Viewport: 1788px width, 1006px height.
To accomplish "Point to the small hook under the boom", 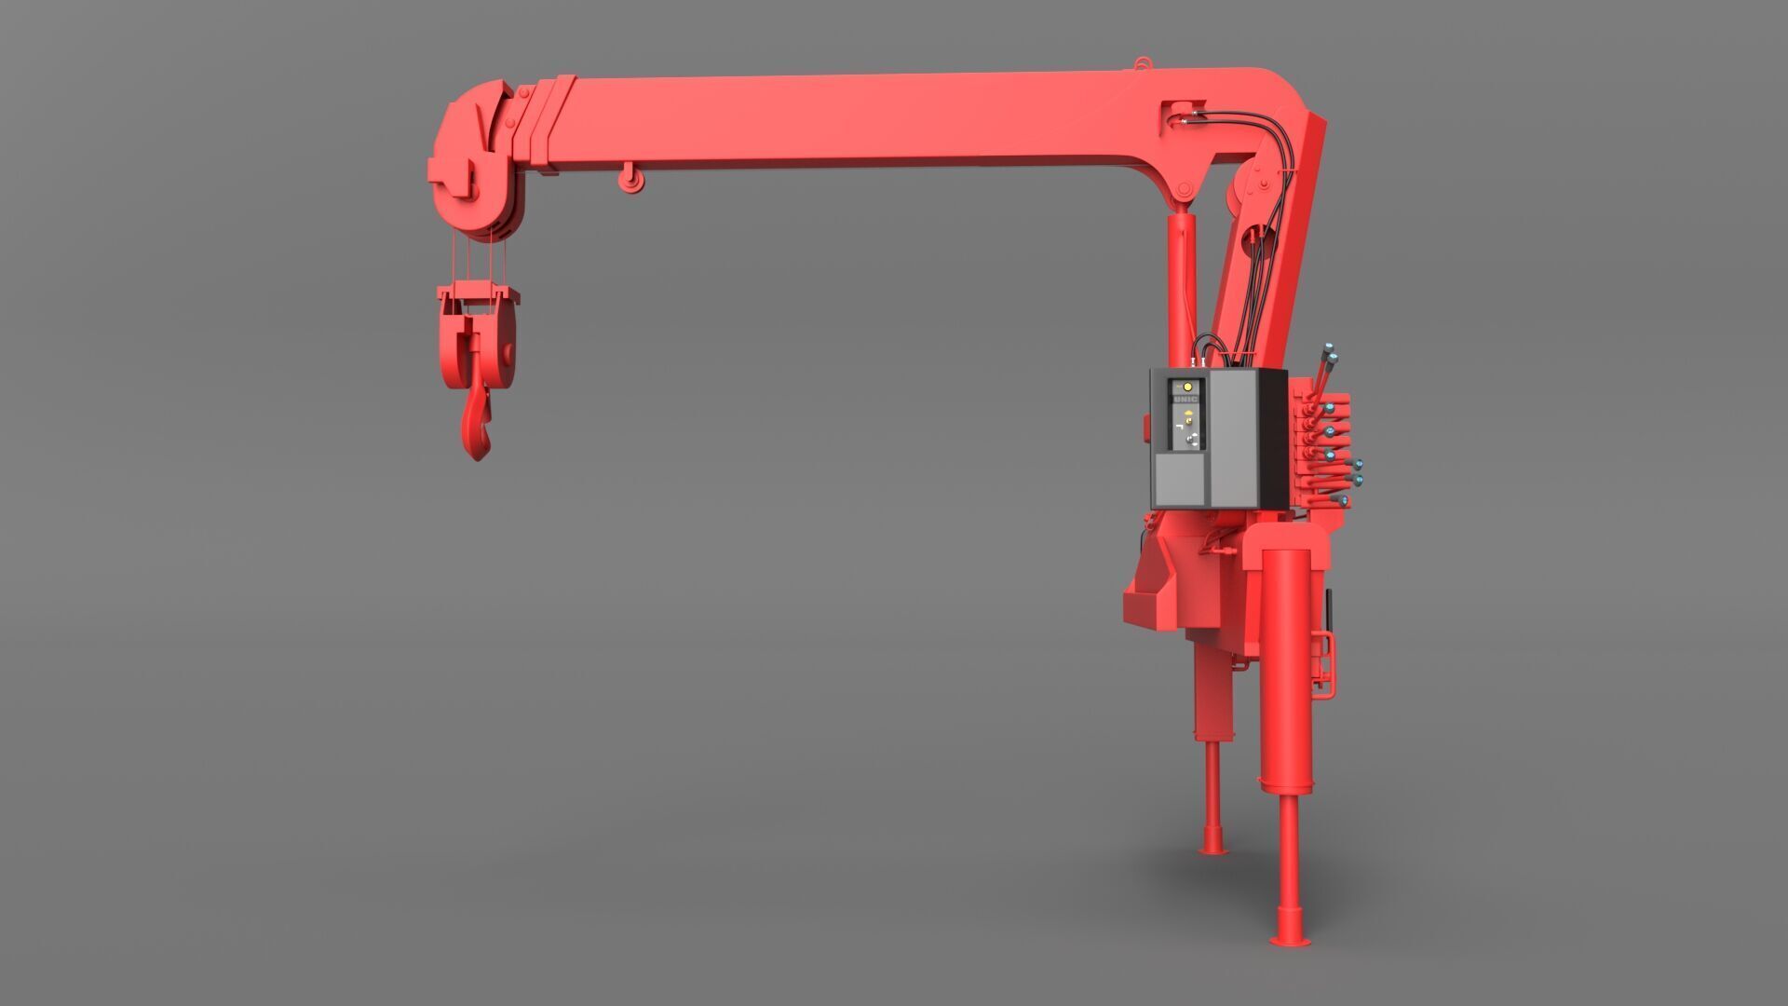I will (x=631, y=179).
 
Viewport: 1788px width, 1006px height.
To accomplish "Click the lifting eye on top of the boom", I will (x=1141, y=64).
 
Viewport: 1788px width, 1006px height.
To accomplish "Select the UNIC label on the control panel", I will (x=1186, y=401).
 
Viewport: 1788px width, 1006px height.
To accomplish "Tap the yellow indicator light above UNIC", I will (x=1186, y=386).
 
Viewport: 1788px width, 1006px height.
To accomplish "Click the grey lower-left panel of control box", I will (x=1179, y=480).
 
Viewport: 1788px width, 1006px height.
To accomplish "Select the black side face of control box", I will (x=1272, y=438).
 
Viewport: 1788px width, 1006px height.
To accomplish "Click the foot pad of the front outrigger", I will (x=1288, y=941).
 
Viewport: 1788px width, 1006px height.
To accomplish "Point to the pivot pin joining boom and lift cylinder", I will (x=1184, y=191).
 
